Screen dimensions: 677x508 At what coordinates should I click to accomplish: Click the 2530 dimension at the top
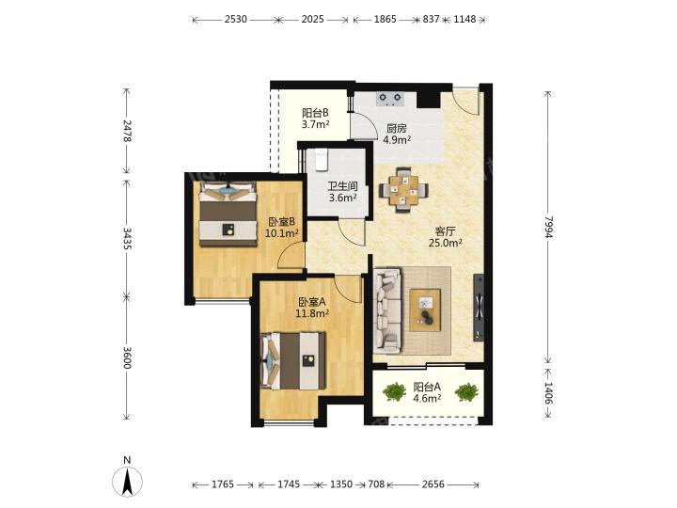point(236,20)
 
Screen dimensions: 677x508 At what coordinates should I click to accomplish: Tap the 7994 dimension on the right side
point(548,227)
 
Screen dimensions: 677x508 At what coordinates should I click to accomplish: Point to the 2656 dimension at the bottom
point(433,484)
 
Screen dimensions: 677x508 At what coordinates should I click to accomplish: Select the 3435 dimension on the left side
point(127,238)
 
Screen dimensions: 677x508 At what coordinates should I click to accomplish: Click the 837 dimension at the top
point(431,20)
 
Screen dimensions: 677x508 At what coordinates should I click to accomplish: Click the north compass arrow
point(127,482)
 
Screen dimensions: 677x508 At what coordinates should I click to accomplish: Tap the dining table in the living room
point(403,190)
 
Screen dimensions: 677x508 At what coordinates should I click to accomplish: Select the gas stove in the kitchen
point(390,99)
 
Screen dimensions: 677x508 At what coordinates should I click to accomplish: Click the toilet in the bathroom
point(322,160)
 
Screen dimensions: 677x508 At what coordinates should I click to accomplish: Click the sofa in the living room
point(387,311)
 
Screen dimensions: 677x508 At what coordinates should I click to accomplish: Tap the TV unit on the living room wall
point(479,308)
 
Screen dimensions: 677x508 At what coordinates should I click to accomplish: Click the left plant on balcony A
point(394,392)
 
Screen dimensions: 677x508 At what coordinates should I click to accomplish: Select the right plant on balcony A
point(466,392)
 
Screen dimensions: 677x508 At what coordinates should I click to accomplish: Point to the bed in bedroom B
point(228,214)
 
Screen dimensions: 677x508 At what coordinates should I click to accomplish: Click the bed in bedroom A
point(293,361)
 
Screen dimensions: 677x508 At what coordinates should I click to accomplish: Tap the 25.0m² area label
point(446,243)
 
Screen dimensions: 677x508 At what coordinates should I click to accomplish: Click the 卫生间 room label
point(342,186)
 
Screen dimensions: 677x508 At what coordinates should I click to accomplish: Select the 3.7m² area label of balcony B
point(315,124)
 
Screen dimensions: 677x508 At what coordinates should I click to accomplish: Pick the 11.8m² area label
point(312,313)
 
